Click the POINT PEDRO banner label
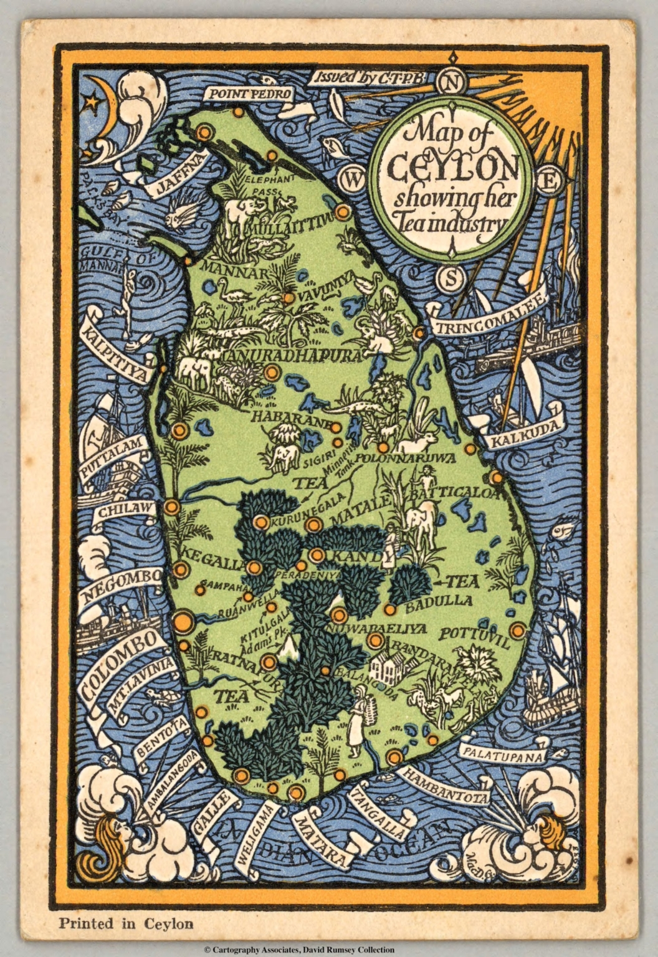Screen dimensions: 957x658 point(250,94)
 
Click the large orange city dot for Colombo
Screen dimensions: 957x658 point(183,621)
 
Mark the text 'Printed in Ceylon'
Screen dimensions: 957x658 point(126,923)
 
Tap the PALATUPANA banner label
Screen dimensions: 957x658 point(502,754)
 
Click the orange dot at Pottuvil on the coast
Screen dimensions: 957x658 point(517,630)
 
